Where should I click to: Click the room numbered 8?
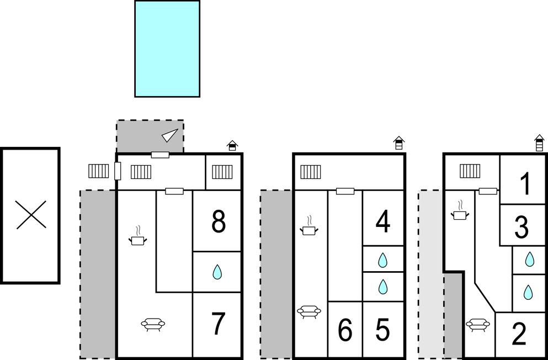(219, 222)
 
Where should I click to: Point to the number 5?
(382, 330)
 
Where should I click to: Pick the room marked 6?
(345, 330)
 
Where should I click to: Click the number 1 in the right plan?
(525, 184)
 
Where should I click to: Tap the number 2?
(519, 334)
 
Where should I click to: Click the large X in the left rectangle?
(31, 215)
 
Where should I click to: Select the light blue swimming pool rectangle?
(167, 49)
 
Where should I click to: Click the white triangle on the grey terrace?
(171, 135)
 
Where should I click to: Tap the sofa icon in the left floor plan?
(153, 324)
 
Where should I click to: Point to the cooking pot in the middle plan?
(310, 227)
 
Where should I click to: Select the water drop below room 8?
(217, 271)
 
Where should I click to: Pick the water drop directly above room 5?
(382, 286)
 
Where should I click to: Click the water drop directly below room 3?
(530, 258)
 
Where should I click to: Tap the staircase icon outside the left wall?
(99, 171)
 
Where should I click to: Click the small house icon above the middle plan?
(398, 143)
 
